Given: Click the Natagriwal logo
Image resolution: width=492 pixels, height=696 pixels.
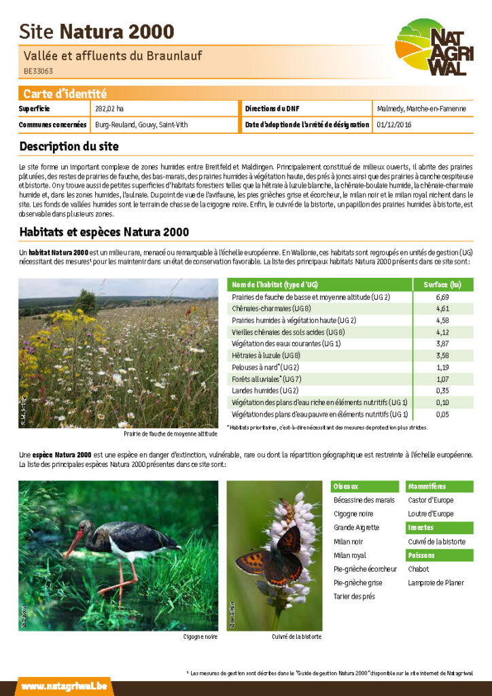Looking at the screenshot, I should click(434, 48).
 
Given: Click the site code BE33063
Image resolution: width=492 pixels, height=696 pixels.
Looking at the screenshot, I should click(39, 70).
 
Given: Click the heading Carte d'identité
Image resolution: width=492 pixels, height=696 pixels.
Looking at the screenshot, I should click(65, 94).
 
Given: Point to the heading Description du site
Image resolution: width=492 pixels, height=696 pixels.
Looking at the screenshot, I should click(69, 146).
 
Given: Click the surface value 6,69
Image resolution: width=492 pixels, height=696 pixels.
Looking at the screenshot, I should click(442, 297).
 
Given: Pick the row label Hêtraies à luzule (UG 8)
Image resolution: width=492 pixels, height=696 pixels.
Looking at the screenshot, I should click(266, 355).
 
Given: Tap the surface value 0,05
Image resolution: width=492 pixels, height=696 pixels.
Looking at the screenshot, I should click(442, 414).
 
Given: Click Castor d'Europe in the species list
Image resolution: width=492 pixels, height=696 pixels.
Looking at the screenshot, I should click(431, 500).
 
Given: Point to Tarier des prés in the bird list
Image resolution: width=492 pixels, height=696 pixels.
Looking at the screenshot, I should click(353, 597).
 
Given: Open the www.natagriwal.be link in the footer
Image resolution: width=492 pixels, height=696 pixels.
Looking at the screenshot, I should click(64, 686).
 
